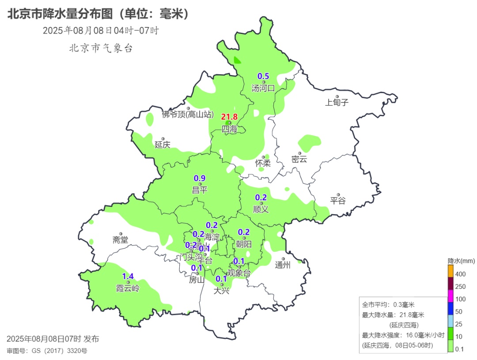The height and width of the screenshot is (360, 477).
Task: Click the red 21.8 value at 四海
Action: (x=230, y=117)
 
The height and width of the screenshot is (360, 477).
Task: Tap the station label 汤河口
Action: (x=263, y=88)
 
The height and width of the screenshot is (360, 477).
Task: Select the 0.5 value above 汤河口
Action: (x=263, y=76)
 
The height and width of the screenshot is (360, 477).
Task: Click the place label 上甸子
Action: (x=337, y=103)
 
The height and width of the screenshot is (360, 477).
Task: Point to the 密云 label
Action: (x=299, y=159)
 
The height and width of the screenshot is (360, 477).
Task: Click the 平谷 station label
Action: (x=338, y=201)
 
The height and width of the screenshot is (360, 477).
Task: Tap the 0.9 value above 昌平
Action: (x=200, y=178)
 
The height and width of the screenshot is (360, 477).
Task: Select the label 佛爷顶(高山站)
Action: (x=188, y=115)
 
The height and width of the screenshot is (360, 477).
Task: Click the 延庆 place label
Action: (x=162, y=145)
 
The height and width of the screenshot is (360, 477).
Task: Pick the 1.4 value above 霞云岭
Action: (x=128, y=277)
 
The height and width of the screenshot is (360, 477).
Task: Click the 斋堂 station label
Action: (x=120, y=240)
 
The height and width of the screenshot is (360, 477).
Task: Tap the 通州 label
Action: (x=283, y=265)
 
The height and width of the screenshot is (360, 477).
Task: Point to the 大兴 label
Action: (x=221, y=291)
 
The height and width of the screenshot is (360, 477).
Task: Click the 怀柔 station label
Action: (x=263, y=163)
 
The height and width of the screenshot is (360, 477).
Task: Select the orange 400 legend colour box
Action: (x=450, y=270)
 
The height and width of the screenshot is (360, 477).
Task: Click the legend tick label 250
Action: (x=460, y=287)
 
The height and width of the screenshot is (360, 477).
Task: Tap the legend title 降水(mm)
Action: (x=461, y=261)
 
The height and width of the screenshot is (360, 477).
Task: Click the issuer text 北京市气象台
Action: (x=101, y=49)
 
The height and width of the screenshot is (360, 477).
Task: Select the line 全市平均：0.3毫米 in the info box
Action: (x=388, y=305)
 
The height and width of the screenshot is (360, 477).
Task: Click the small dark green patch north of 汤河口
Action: (x=237, y=61)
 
